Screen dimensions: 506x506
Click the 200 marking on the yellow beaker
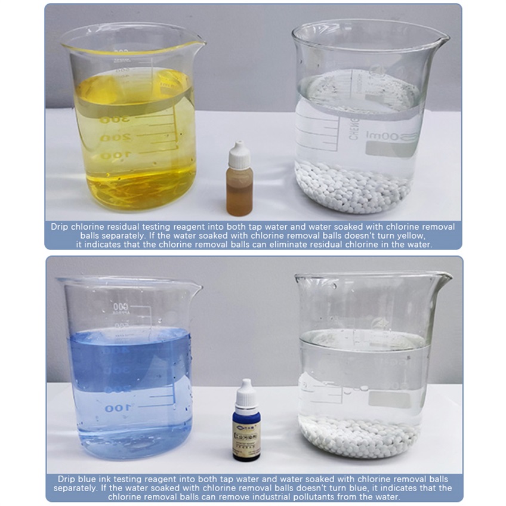(x=112, y=138)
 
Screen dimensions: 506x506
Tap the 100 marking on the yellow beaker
(x=112, y=156)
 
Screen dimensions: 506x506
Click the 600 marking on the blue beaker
(x=121, y=307)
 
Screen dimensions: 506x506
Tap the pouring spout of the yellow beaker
(x=197, y=44)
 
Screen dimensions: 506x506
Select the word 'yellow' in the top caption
(x=408, y=235)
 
